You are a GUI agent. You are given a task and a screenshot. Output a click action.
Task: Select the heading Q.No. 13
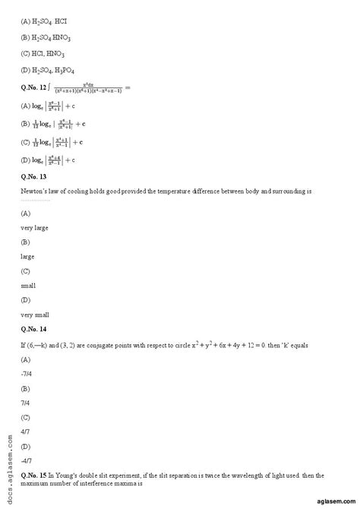(34, 179)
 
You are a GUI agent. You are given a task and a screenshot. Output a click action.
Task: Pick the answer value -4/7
(27, 460)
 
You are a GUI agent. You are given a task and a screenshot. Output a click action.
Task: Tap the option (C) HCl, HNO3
(43, 54)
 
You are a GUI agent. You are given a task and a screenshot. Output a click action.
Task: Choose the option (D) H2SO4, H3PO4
(49, 71)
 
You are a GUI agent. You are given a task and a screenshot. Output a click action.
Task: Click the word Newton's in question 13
(35, 192)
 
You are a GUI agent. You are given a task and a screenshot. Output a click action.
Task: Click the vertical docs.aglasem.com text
(8, 464)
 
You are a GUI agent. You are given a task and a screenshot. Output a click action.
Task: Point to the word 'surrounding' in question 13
(286, 192)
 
